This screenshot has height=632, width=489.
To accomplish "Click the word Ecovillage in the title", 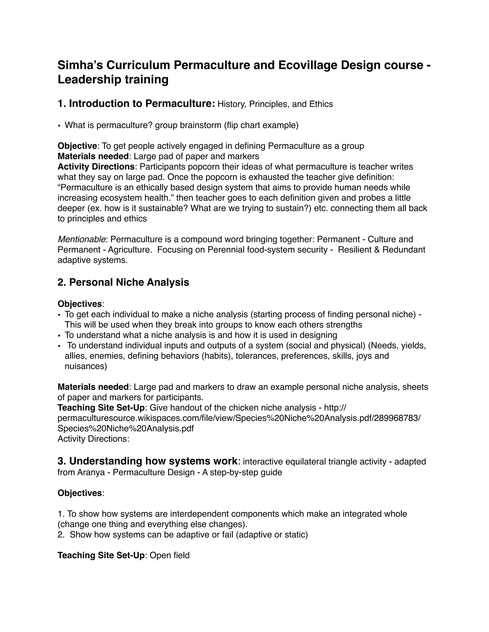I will (307, 65).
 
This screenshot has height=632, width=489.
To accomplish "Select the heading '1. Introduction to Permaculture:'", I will (136, 104).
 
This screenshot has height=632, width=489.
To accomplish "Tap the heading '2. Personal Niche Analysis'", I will (123, 282).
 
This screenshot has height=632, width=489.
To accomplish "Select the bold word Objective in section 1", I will (77, 146).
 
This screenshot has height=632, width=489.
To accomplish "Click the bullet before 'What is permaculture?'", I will (59, 126).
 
